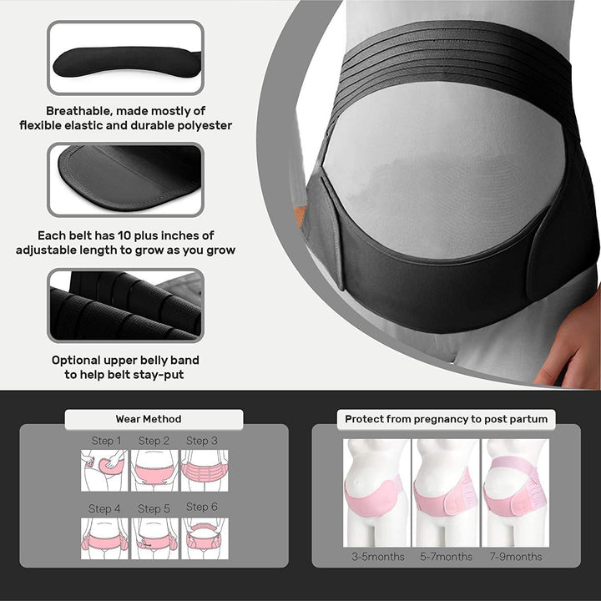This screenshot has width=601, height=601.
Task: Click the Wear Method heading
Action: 149,419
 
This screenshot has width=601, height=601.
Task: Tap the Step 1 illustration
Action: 104,471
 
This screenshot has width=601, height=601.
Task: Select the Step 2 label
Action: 154,441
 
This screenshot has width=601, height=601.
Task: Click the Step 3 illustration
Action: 204,471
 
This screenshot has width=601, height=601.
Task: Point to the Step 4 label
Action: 105,508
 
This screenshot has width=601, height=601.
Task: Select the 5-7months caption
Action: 446,557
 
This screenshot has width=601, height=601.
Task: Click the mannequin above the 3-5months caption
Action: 376,492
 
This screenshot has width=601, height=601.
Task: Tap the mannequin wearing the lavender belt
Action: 516,492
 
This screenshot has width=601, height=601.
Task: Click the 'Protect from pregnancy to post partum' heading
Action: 446,419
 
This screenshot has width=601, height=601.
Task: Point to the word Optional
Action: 79,361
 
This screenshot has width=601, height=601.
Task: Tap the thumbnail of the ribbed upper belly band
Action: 125,306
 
